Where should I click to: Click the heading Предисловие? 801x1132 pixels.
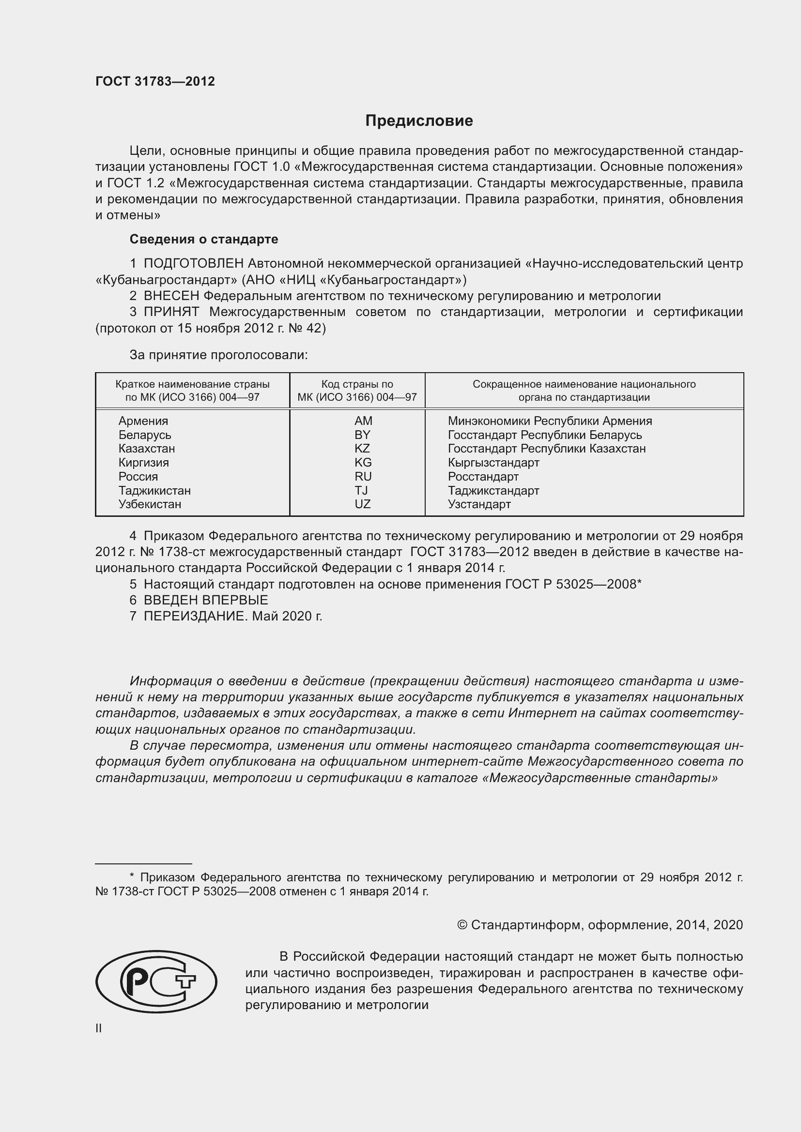419,121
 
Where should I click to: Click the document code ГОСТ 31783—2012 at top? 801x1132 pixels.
155,82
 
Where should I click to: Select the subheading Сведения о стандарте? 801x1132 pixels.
204,239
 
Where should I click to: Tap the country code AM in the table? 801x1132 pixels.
363,421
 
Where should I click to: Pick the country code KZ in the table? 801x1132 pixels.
362,448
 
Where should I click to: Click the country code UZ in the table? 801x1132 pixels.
363,504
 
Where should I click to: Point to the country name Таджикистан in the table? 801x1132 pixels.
154,491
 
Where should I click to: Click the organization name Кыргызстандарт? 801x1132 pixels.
493,463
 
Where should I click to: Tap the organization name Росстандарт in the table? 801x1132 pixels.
483,477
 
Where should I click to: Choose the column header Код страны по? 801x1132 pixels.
357,384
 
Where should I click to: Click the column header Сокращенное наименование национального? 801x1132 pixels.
584,384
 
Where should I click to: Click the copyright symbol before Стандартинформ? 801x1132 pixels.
462,925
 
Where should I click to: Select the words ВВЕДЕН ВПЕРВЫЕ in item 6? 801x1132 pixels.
206,600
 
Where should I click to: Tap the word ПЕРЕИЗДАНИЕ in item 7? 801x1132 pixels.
195,616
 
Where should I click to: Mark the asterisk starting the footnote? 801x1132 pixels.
132,876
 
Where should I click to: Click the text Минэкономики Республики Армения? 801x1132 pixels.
550,421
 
